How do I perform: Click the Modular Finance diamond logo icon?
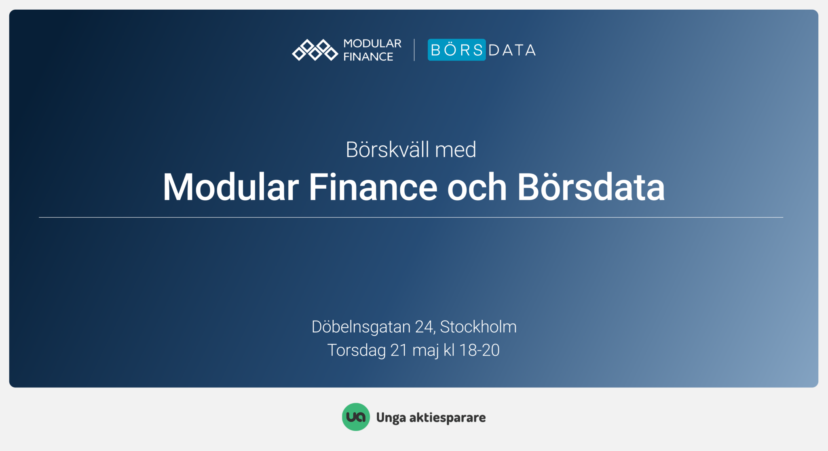coord(315,50)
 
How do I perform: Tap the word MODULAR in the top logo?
coord(372,44)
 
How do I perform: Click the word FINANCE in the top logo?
coord(368,57)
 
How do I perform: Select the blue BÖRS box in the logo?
coord(457,50)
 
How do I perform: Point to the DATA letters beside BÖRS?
coord(512,50)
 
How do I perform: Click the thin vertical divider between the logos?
coord(414,50)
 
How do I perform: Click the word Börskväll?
coord(388,149)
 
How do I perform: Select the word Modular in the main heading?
coord(231,187)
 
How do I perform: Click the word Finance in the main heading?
coord(373,187)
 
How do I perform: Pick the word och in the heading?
coord(477,187)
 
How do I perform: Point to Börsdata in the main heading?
coord(591,187)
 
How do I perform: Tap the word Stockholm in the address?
coord(478,327)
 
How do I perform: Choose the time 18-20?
coord(479,350)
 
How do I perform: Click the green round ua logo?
coord(356,417)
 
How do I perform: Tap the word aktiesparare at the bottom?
coord(448,417)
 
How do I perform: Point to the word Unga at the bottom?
coord(391,418)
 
